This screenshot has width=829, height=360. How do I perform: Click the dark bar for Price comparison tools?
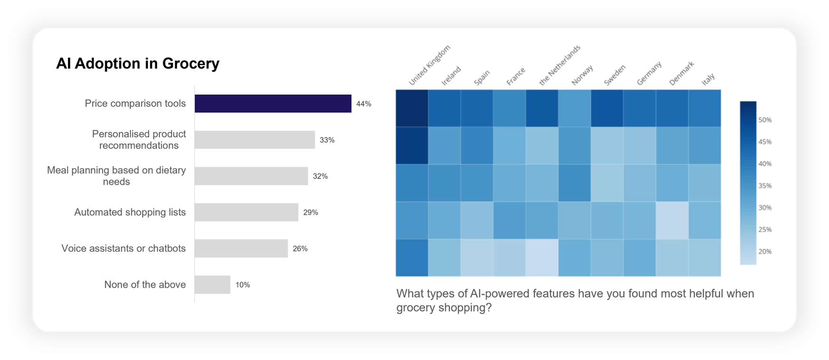[273, 104]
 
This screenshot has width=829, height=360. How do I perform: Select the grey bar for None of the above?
[212, 285]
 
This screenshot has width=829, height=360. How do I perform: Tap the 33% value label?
[327, 140]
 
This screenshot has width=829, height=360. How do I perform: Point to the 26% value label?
[300, 249]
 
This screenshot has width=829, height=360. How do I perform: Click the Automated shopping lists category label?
[130, 212]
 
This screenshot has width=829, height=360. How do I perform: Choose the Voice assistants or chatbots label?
[123, 248]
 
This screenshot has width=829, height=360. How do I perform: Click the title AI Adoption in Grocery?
[138, 64]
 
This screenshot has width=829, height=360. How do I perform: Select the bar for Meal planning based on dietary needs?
[251, 176]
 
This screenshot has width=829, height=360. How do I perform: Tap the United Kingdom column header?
[429, 66]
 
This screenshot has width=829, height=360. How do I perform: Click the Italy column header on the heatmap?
[708, 79]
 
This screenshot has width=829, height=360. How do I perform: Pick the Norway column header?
[582, 75]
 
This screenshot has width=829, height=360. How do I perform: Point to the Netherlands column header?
[560, 66]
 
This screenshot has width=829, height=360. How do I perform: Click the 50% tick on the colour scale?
[765, 120]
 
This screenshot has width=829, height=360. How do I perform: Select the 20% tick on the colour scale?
[765, 252]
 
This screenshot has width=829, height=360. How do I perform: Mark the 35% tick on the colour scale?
[765, 186]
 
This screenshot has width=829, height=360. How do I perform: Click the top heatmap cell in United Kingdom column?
[412, 108]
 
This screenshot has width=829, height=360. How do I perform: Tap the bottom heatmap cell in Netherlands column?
[542, 257]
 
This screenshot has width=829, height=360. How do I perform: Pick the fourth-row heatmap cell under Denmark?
[672, 220]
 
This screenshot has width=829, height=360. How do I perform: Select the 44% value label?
[364, 104]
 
